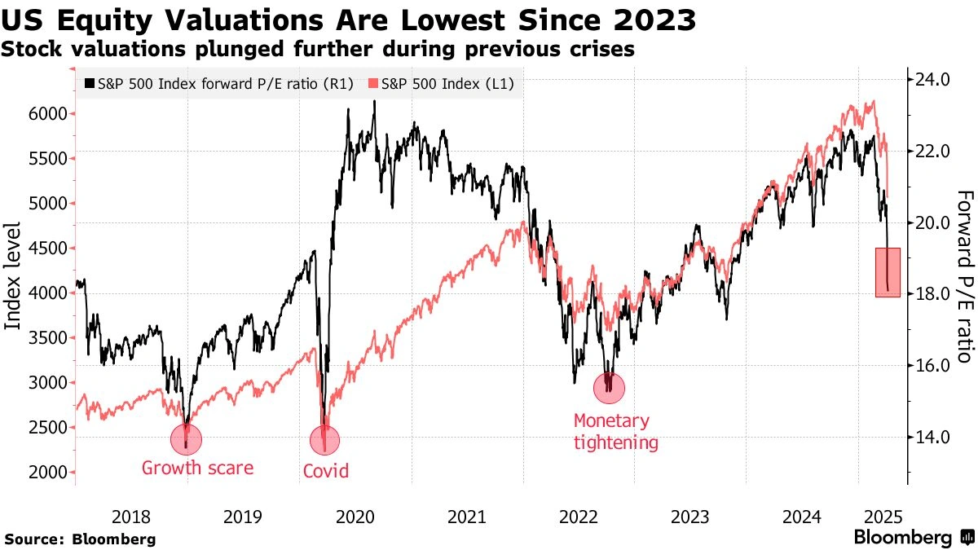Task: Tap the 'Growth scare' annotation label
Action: pyautogui.click(x=197, y=468)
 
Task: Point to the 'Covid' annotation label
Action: pyautogui.click(x=325, y=470)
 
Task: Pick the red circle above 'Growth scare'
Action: pyautogui.click(x=186, y=439)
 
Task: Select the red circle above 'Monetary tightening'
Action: pyautogui.click(x=608, y=388)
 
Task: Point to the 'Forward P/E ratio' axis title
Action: pyautogui.click(x=963, y=276)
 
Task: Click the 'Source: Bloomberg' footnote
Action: pyautogui.click(x=80, y=539)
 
